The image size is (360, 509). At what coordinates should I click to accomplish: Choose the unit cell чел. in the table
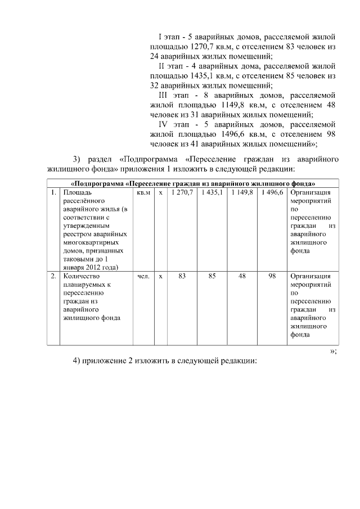click(143, 276)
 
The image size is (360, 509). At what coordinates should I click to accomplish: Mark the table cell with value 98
click(272, 276)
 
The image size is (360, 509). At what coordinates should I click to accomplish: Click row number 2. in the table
click(53, 276)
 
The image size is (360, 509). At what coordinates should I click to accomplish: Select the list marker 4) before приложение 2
click(78, 361)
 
